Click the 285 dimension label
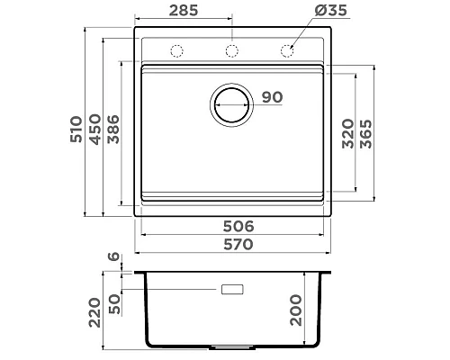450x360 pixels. click(184, 11)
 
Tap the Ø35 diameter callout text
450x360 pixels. click(331, 10)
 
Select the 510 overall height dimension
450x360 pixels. click(76, 130)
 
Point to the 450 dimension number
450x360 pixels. click(95, 130)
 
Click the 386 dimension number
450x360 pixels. click(113, 130)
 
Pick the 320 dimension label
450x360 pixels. click(348, 134)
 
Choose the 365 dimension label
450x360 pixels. click(365, 134)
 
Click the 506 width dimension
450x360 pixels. click(238, 227)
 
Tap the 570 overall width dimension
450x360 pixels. click(238, 245)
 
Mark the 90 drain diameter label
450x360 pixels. click(273, 97)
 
